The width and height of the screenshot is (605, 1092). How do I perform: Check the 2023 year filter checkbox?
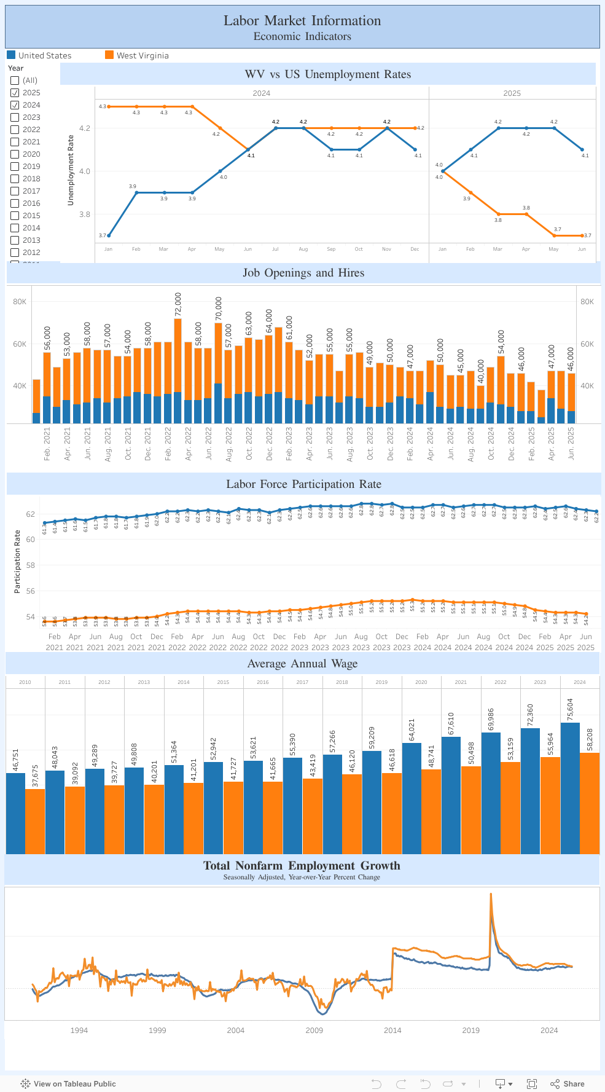(15, 117)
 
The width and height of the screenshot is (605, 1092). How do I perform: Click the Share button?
(568, 1083)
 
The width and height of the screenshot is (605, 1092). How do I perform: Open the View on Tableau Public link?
(68, 1083)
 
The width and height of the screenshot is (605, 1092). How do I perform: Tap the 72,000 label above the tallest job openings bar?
(178, 305)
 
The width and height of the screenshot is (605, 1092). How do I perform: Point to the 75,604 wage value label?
(570, 710)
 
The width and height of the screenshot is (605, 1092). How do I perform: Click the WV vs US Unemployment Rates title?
(327, 74)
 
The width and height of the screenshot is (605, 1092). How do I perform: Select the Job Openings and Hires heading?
(303, 273)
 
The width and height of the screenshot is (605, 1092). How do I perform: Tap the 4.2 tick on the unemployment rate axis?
(85, 128)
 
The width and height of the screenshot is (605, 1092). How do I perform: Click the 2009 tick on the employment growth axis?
(314, 1030)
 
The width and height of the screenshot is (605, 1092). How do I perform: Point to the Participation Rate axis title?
(17, 562)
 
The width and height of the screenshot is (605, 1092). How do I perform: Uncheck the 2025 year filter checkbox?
(15, 93)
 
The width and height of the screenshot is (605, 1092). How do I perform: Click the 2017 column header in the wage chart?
(302, 682)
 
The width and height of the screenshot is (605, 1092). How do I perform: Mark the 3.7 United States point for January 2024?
(109, 235)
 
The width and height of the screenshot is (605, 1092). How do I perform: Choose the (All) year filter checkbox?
(15, 81)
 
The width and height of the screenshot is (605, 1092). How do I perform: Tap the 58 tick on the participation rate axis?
(30, 565)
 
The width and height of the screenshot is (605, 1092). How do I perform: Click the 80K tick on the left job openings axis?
(20, 302)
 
